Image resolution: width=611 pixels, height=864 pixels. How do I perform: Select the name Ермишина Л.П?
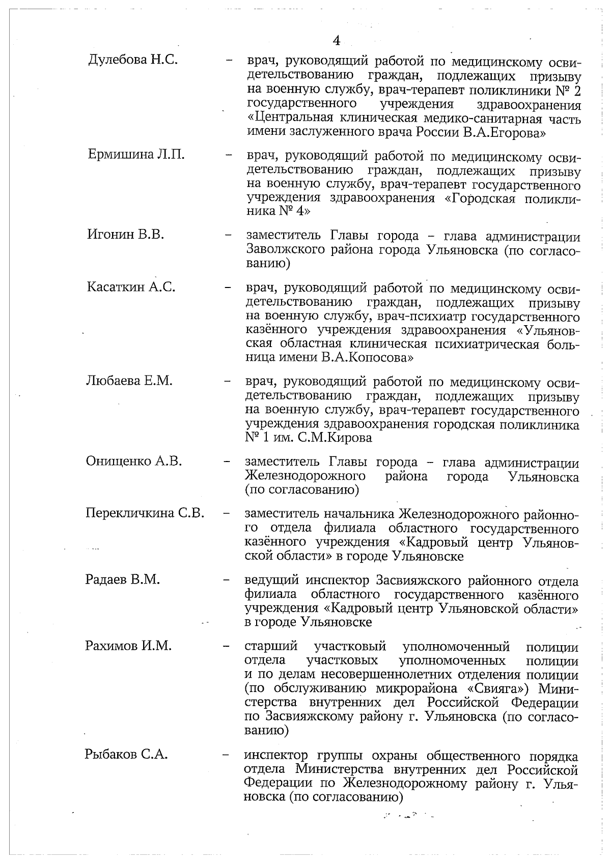pos(136,155)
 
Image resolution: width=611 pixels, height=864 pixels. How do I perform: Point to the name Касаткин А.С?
pos(131,287)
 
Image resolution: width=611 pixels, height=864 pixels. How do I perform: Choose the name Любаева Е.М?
pos(129,381)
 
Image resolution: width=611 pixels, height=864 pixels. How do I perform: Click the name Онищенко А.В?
pos(134,462)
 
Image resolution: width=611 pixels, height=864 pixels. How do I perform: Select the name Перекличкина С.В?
pos(145,513)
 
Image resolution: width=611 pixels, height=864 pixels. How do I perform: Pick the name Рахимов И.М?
pos(128,646)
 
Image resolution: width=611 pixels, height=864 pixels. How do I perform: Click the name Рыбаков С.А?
pos(126,755)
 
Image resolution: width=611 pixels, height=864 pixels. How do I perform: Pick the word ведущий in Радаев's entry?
pos(272,581)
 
